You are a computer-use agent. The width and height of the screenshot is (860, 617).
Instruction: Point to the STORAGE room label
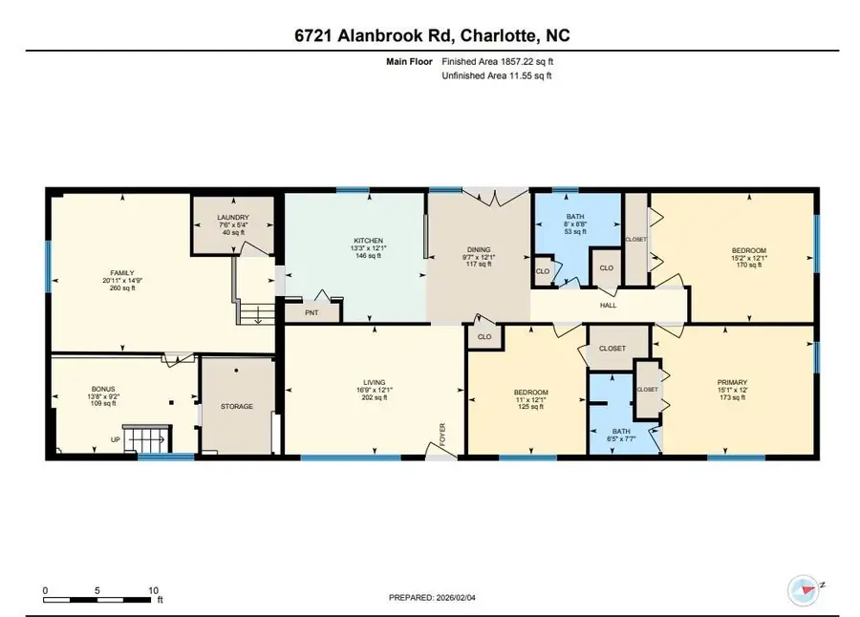(237, 407)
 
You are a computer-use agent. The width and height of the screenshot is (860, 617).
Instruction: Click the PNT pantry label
(311, 311)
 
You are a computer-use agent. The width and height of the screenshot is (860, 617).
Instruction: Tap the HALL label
(609, 306)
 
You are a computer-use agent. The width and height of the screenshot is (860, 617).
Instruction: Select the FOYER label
(442, 435)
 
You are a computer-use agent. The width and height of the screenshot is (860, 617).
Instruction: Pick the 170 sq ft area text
(748, 265)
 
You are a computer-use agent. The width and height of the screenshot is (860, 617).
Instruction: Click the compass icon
(801, 587)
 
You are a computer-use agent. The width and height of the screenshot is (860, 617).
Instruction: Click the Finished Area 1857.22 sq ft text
(497, 61)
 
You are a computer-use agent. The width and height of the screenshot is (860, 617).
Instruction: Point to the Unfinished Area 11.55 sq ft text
(497, 75)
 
